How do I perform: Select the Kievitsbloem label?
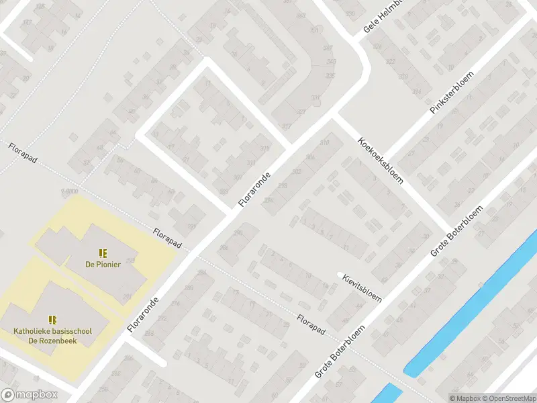(362, 287)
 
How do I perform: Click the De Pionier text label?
(103, 264)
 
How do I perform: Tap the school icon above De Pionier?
(103, 253)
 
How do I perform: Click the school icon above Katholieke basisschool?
(52, 320)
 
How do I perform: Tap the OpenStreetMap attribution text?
(507, 398)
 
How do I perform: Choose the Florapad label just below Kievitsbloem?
(311, 323)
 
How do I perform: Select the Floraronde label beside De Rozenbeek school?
(144, 314)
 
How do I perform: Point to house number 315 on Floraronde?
(264, 148)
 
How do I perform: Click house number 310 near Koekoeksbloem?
(325, 142)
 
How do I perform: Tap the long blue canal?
(470, 302)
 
